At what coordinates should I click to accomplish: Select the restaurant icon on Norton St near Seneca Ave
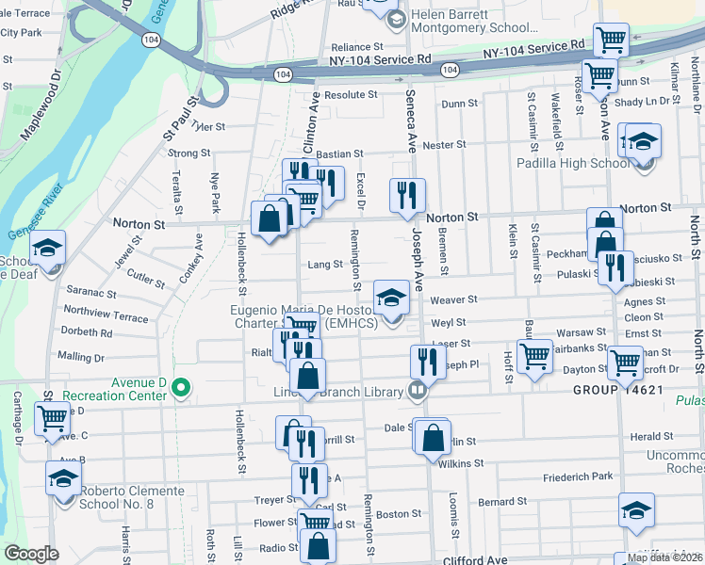408,196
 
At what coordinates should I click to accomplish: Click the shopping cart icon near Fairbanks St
534,357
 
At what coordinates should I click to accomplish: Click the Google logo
31,554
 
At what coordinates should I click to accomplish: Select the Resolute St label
351,95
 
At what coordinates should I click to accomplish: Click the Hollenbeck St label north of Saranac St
243,251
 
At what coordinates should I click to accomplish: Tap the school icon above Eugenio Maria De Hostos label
391,298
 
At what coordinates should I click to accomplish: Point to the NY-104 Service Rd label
380,59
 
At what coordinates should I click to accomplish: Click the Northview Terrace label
107,315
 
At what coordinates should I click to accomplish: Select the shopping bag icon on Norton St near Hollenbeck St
270,218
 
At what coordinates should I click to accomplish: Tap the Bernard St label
501,502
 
